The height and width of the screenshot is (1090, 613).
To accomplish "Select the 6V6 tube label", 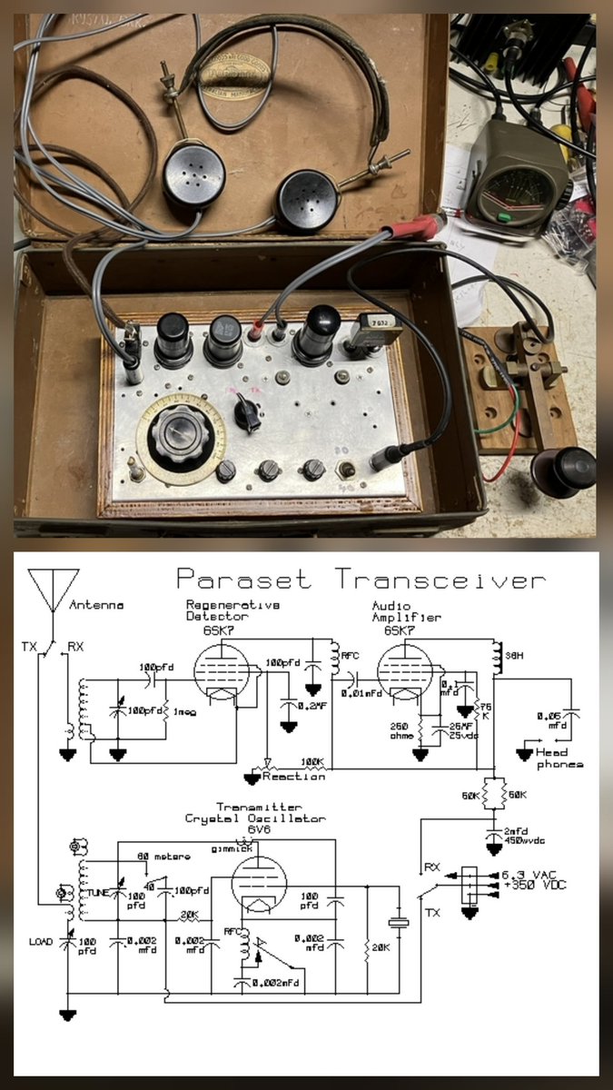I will point(259,829).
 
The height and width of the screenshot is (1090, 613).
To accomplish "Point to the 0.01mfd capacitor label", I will point(361,693).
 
